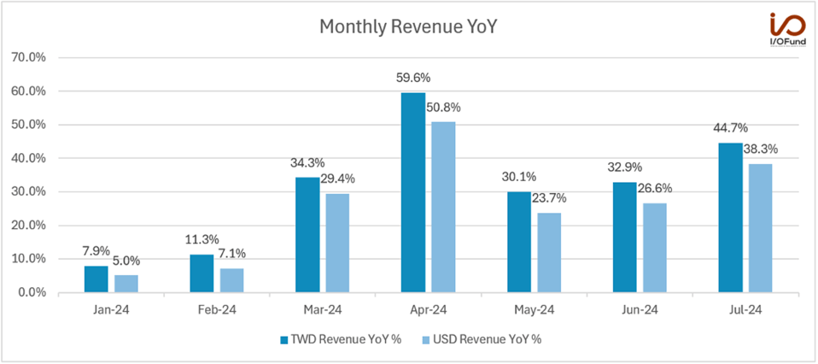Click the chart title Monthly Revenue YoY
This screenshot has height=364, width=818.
pyautogui.click(x=408, y=26)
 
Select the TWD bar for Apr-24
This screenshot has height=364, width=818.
pyautogui.click(x=413, y=192)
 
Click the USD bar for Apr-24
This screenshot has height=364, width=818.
pyautogui.click(x=443, y=207)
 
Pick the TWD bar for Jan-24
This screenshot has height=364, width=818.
pyautogui.click(x=96, y=279)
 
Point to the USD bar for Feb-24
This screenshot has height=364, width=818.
pyautogui.click(x=231, y=280)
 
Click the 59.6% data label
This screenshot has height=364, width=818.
pyautogui.click(x=413, y=79)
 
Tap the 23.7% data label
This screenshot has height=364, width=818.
pyautogui.click(x=549, y=199)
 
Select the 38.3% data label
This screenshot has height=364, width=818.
pyautogui.click(x=760, y=150)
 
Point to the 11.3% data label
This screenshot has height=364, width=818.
pyautogui.click(x=202, y=240)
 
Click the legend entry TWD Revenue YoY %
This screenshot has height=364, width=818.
pyautogui.click(x=340, y=339)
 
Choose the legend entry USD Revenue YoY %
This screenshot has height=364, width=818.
pyautogui.click(x=483, y=339)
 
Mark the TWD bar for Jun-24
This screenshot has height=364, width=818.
pyautogui.click(x=625, y=237)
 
